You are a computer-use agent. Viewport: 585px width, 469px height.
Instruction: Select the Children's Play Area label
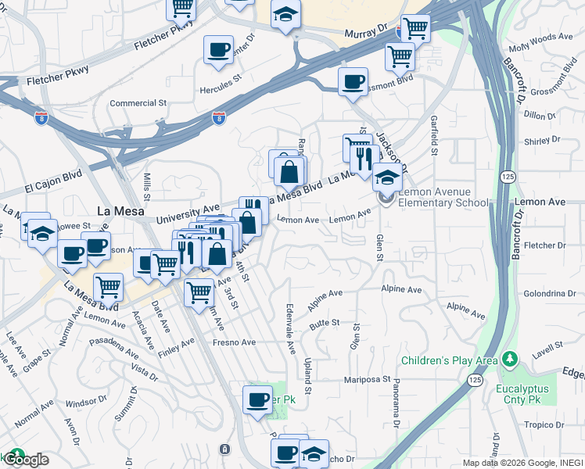(x=450, y=360)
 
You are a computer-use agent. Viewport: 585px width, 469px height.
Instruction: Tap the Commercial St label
(x=138, y=102)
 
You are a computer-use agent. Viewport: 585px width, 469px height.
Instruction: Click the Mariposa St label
(x=368, y=380)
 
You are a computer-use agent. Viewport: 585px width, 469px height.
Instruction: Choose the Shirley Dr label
(x=538, y=141)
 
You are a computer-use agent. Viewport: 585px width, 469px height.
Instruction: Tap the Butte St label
(x=325, y=322)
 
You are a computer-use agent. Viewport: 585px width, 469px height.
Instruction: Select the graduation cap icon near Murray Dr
(x=286, y=15)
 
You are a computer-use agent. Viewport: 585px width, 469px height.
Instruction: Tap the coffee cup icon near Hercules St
(x=218, y=50)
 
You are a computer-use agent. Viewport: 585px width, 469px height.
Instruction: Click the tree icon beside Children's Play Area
(x=511, y=360)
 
